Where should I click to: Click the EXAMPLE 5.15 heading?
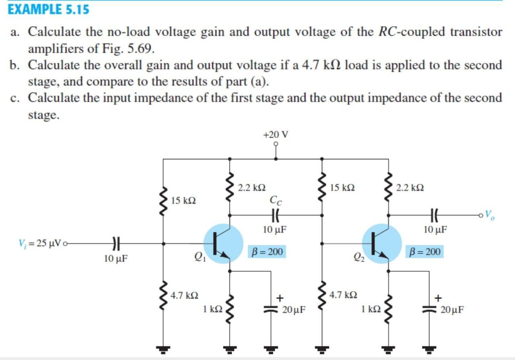49,9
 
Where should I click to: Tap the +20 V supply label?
276,134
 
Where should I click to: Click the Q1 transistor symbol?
223,244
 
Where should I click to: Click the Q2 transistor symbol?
381,244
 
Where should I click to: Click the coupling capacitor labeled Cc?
276,215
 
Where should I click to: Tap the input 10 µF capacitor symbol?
115,243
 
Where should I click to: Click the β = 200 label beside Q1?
267,252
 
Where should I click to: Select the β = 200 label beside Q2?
424,252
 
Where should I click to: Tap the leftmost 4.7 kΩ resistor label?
184,296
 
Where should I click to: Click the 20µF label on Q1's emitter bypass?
294,310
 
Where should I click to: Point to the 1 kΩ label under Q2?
371,309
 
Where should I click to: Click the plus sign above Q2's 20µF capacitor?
438,298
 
